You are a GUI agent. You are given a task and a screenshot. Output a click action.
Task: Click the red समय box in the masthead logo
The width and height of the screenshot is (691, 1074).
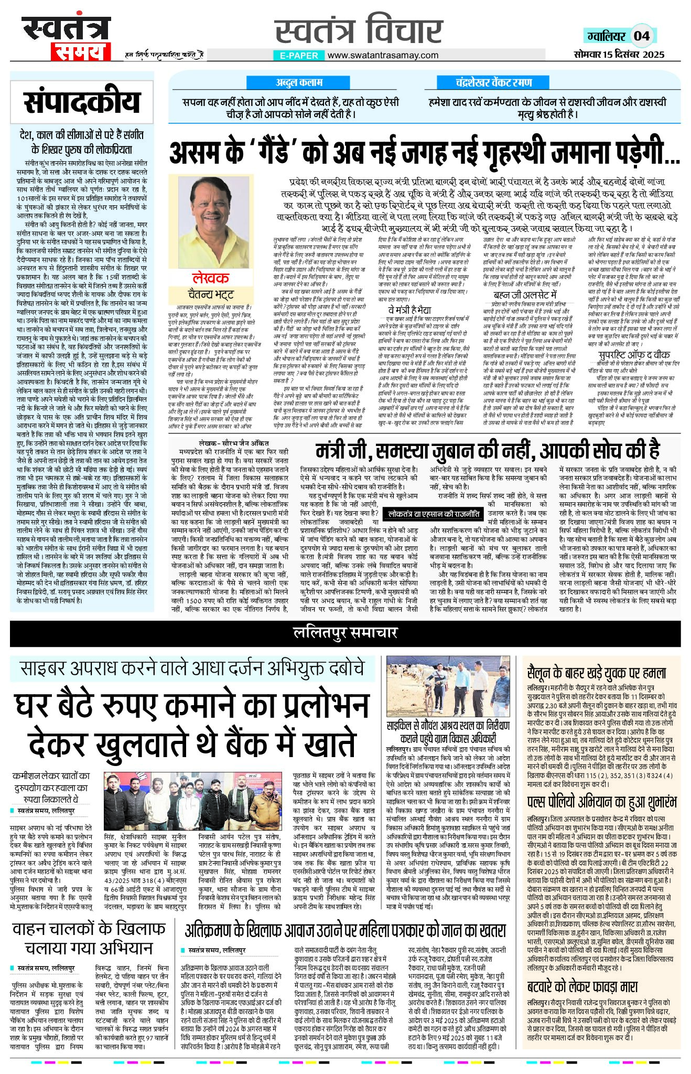click(80, 51)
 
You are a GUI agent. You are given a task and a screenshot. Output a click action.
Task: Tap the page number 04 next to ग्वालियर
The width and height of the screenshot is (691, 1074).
click(641, 36)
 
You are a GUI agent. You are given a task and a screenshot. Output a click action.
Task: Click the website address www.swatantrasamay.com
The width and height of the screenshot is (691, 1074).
click(383, 55)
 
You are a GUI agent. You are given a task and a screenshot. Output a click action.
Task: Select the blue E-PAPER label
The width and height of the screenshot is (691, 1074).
click(298, 55)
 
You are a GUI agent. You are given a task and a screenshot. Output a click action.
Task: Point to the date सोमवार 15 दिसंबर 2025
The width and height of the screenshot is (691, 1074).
click(619, 54)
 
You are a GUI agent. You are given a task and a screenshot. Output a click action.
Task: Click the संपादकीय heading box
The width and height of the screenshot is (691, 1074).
click(82, 102)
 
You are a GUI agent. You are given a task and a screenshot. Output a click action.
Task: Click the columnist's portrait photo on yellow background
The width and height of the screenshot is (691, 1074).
click(211, 221)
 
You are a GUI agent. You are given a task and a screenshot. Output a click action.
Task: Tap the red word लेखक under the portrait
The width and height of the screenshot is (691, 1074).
click(210, 278)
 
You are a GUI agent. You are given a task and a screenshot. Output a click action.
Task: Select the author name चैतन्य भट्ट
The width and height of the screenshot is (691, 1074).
click(210, 294)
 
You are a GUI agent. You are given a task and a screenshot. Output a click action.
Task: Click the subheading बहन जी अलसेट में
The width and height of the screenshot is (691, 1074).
click(525, 295)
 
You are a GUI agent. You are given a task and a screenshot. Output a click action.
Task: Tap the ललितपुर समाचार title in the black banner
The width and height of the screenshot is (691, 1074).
click(345, 633)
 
